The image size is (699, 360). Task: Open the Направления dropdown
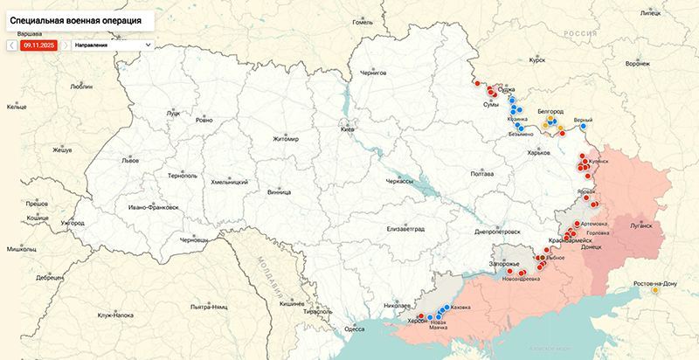tap(112, 44)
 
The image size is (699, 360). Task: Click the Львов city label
tap(129, 161)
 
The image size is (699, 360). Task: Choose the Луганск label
tap(634, 225)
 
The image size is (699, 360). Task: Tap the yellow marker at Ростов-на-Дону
tap(655, 290)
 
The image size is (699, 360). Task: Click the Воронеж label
tap(638, 64)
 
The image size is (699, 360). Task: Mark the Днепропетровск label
tap(496, 232)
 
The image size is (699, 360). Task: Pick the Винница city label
tap(279, 190)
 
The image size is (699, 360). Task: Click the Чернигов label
tap(372, 73)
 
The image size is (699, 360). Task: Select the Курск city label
tap(537, 60)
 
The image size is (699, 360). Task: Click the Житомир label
tap(285, 138)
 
